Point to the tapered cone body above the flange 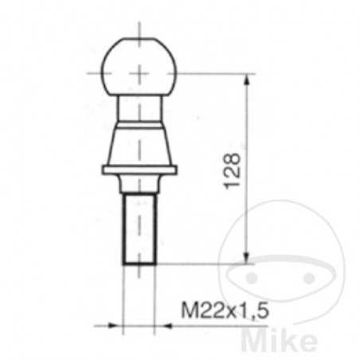tap(140, 145)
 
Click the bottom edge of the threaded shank tap(140, 263)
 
